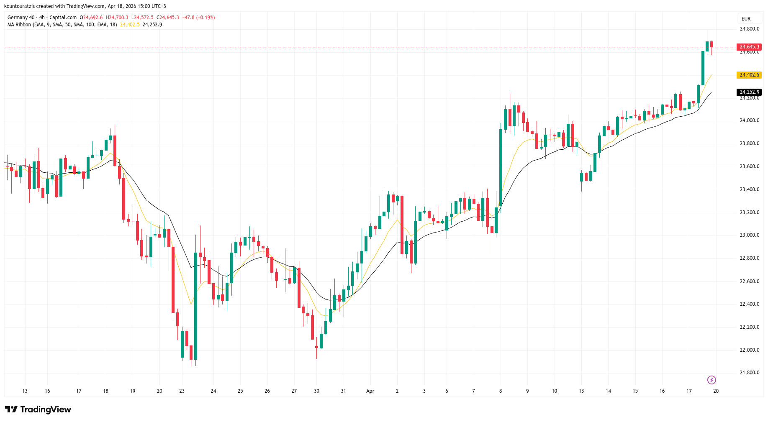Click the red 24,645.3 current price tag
[749, 47]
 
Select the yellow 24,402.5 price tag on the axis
[749, 75]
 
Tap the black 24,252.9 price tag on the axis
[749, 92]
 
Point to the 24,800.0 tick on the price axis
[749, 29]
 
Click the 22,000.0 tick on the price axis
[749, 350]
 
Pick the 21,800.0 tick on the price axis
[749, 373]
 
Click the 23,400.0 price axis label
[749, 189]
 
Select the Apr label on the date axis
[370, 391]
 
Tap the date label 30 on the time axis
[316, 391]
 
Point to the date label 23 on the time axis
[182, 391]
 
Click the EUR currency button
[746, 19]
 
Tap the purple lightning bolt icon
[711, 380]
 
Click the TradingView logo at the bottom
[38, 409]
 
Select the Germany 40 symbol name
[21, 18]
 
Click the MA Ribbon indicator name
[19, 25]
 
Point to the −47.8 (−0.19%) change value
[198, 18]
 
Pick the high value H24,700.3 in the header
[117, 18]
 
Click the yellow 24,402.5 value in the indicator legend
[130, 25]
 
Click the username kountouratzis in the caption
[19, 6]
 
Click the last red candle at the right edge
[711, 44]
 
